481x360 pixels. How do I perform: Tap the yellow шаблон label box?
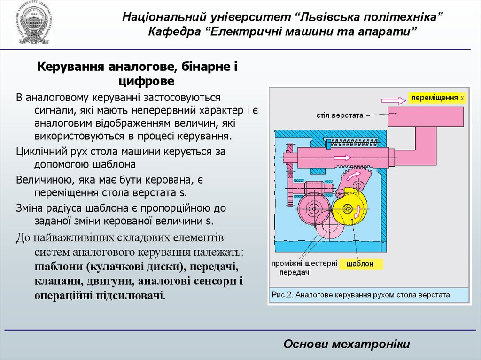(362, 264)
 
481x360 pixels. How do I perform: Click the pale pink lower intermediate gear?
(330, 230)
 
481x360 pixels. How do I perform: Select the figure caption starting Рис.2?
(360, 295)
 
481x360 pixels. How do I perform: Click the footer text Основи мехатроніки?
(347, 344)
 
